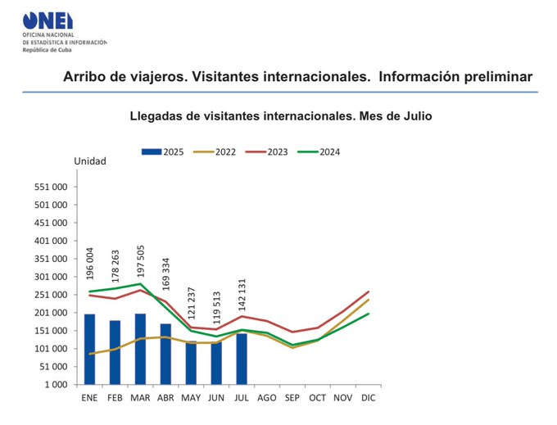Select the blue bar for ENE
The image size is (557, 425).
pyautogui.click(x=89, y=349)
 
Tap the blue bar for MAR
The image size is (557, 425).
pyautogui.click(x=140, y=349)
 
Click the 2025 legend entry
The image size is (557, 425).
pyautogui.click(x=162, y=151)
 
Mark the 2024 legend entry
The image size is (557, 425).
pyautogui.click(x=319, y=151)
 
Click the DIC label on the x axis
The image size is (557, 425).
pyautogui.click(x=369, y=398)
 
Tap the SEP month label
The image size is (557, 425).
pyautogui.click(x=292, y=398)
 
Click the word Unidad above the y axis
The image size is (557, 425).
pyautogui.click(x=90, y=161)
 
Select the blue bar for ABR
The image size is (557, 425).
pyautogui.click(x=165, y=354)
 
